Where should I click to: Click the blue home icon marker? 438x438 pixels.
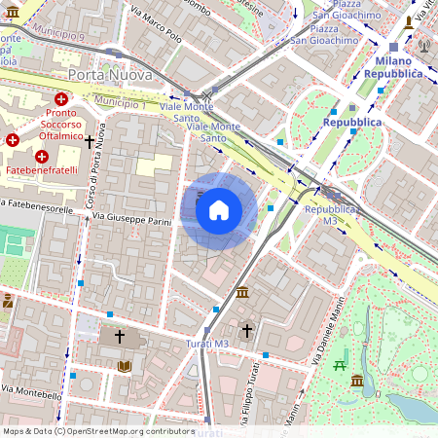pos(219,210)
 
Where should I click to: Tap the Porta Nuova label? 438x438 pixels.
pos(110,75)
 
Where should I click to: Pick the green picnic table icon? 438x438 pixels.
pos(340,364)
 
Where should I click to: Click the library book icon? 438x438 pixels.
pos(124,366)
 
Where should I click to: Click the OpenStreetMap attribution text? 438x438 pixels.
pos(98,430)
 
